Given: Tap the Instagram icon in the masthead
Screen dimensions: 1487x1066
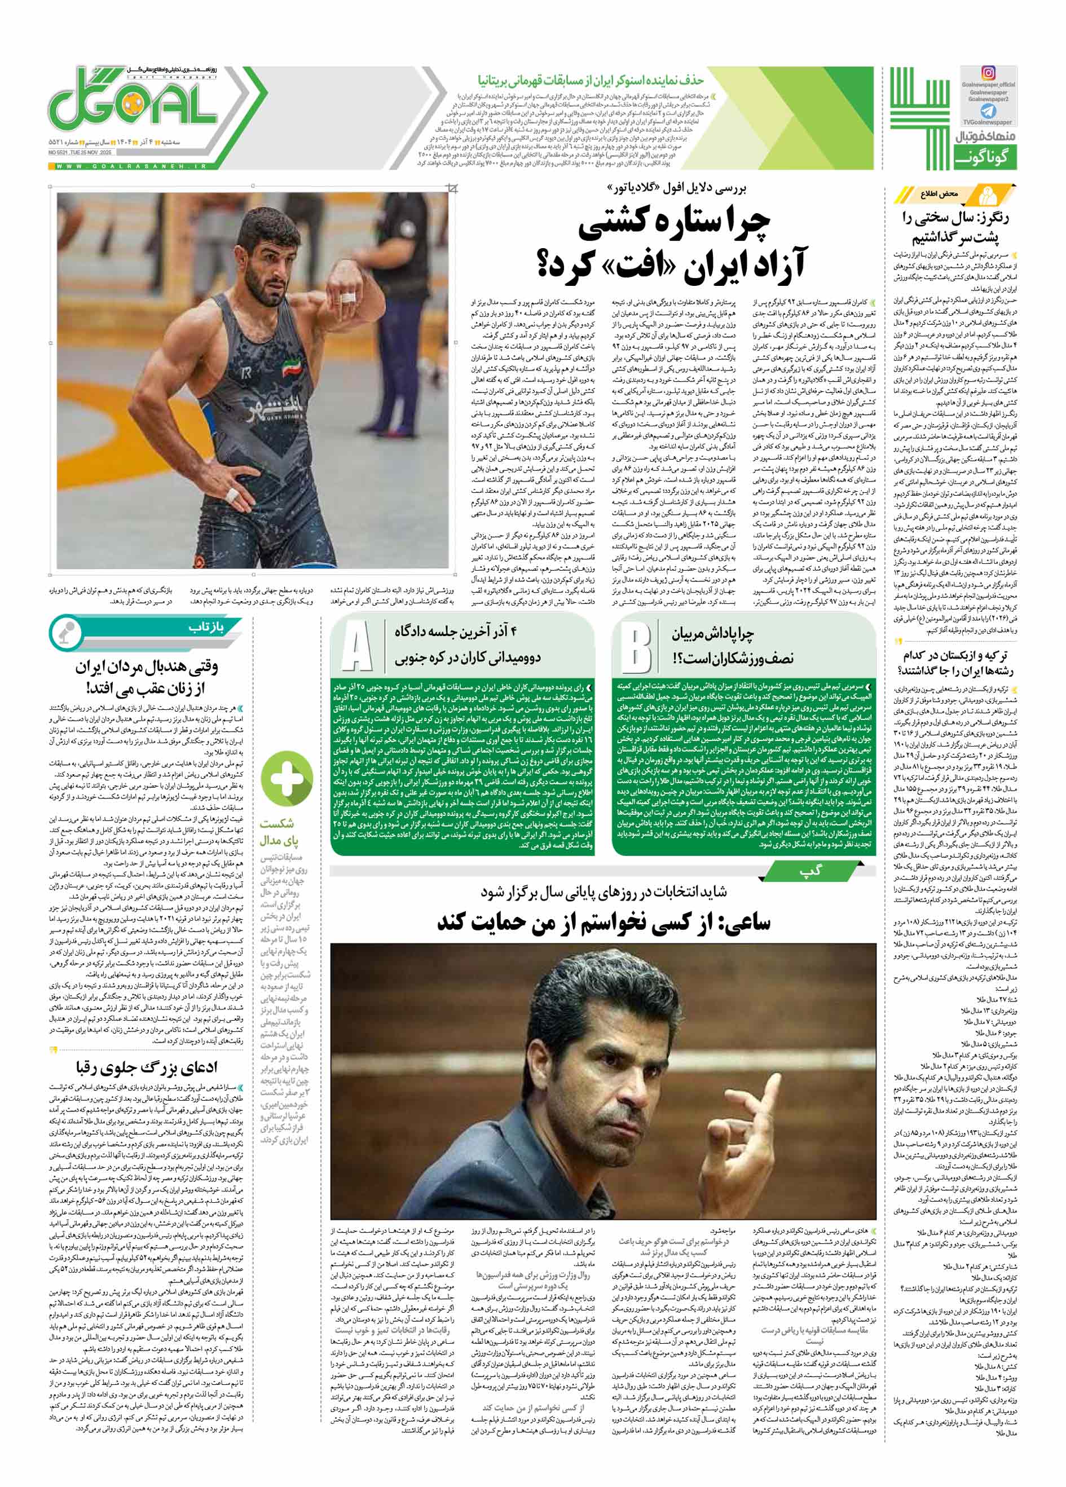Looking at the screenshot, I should tap(988, 73).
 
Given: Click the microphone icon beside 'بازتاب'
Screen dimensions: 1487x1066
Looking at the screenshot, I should tap(65, 633).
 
